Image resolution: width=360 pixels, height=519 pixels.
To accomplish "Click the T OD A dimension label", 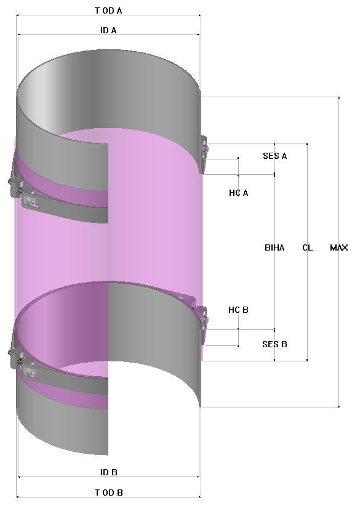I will [x=108, y=10].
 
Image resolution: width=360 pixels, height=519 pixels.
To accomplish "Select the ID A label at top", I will [x=108, y=30].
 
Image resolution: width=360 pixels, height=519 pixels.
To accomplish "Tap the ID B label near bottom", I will [x=108, y=472].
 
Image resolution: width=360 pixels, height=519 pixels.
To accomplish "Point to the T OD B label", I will [x=108, y=493].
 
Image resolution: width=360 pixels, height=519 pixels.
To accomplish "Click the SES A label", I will [x=274, y=156].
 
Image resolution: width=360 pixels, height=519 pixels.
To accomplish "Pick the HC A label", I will [x=238, y=193].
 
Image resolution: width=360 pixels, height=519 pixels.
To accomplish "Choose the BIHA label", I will [x=274, y=247].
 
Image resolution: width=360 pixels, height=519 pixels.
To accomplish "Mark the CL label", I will [x=307, y=247].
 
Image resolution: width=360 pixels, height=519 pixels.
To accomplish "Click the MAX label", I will [x=338, y=247].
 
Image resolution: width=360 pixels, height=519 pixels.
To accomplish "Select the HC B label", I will [x=238, y=310].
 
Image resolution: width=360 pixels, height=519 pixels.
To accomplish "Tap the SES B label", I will [x=274, y=344].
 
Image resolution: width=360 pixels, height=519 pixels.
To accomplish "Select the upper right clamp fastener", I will [x=204, y=151].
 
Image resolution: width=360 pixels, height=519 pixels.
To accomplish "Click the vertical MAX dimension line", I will [x=338, y=185].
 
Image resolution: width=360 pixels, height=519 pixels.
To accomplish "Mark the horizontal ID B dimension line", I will [x=62, y=477].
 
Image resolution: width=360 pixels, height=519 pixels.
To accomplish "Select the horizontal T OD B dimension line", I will [x=62, y=497].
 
